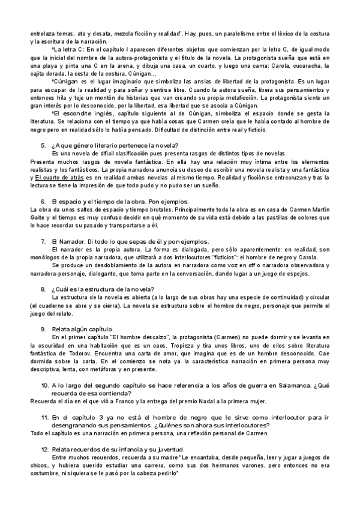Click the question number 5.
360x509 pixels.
pos(43,145)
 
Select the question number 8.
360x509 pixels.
pos(43,289)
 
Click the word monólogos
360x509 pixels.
pos(47,257)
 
